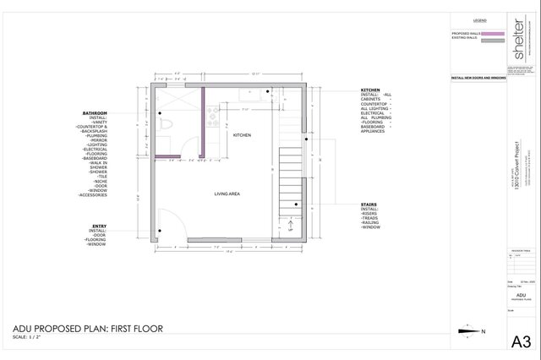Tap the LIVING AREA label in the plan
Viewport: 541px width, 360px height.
click(x=229, y=194)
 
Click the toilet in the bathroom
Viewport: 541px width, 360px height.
click(x=168, y=123)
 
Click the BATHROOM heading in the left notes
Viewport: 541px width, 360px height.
click(x=95, y=113)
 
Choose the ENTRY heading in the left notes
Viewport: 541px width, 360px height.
click(x=99, y=226)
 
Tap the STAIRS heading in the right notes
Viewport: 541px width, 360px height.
click(x=369, y=204)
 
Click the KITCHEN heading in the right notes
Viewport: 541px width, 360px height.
click(x=370, y=90)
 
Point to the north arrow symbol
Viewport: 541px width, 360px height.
click(x=464, y=331)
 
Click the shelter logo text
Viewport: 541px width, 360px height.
click(x=517, y=38)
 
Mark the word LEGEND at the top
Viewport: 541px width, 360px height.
click(x=479, y=19)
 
